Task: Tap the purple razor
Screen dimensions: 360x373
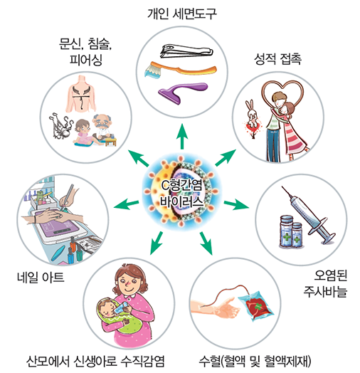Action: [182, 92]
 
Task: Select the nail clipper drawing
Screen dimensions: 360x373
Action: [186, 51]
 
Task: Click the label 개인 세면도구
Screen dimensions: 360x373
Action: [182, 14]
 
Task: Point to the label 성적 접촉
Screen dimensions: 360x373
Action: [277, 59]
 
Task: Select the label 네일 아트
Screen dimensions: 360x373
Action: [41, 277]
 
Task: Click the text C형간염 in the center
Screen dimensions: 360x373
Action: [181, 185]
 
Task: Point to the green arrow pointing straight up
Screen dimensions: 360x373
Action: [182, 136]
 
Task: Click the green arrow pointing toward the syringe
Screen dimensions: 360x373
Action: [236, 205]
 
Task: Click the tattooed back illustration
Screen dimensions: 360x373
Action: [81, 94]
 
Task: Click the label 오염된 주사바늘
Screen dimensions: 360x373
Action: [326, 283]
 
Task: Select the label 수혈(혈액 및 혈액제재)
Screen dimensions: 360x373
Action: [255, 361]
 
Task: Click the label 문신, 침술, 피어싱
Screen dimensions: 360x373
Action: [85, 51]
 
